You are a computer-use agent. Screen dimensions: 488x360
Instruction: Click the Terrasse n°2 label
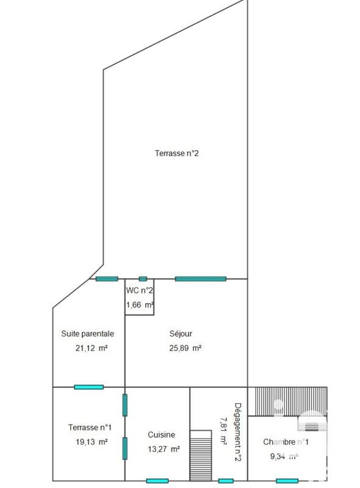coord(176,154)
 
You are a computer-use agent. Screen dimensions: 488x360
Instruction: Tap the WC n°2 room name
coord(139,290)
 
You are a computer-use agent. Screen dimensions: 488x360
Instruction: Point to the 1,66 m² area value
coord(139,304)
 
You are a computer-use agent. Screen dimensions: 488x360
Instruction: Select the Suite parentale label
coord(88,334)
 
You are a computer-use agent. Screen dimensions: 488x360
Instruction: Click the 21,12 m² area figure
coord(89,348)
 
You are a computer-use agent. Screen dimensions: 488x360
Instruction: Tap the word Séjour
coord(181,334)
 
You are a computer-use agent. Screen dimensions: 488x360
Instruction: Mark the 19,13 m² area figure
coord(89,442)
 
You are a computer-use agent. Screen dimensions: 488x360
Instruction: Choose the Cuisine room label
coord(161,434)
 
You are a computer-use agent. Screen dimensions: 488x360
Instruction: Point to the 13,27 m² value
coord(162,449)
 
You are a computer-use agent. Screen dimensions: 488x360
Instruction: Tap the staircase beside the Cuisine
coord(200,455)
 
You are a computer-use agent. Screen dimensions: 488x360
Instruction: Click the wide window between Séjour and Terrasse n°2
coord(200,279)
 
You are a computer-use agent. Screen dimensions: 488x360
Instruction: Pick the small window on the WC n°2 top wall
coord(143,279)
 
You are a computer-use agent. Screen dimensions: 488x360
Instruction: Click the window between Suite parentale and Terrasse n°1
coord(88,387)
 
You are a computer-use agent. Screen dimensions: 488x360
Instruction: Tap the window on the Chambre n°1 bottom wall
coord(287,481)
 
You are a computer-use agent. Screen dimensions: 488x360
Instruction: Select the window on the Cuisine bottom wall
coord(157,481)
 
